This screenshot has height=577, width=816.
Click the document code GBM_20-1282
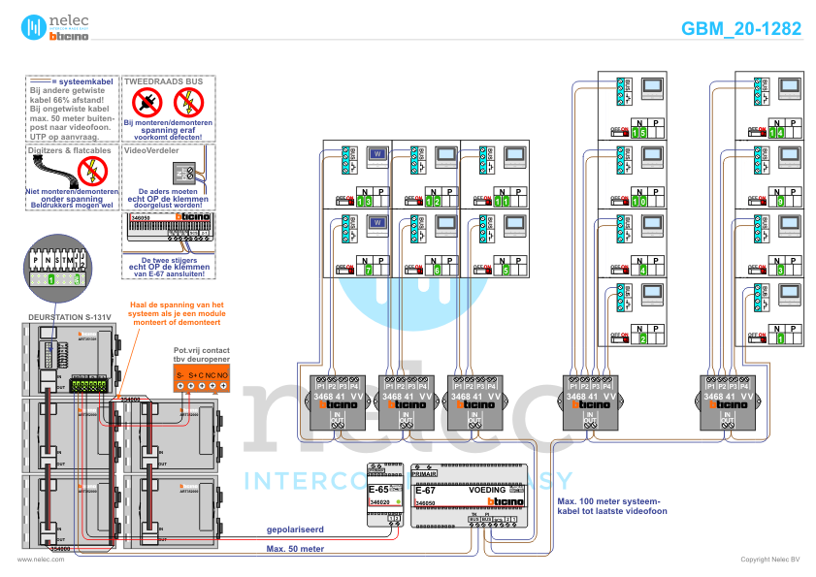[x=741, y=29]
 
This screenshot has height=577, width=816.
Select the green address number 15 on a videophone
[x=638, y=132]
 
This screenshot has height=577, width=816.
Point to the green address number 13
[x=364, y=202]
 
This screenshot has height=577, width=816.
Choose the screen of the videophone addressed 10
[x=651, y=155]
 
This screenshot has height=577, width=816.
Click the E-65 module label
[x=378, y=491]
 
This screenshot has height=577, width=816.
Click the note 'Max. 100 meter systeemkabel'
[x=611, y=506]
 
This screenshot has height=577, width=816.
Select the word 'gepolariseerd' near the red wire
[x=296, y=529]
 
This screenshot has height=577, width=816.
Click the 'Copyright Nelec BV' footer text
[x=770, y=560]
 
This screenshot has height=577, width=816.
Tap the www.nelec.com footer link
[x=34, y=560]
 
